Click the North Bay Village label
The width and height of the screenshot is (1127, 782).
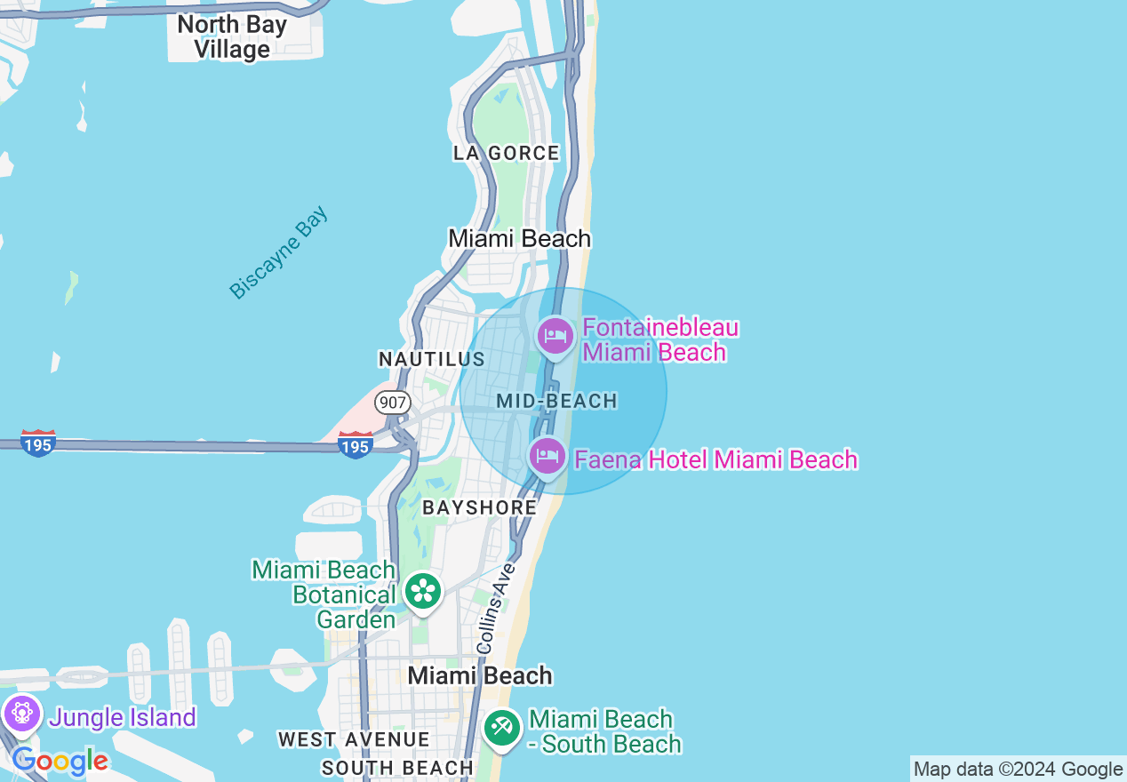pos(232,37)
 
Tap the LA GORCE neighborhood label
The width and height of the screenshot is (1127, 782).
pos(507,153)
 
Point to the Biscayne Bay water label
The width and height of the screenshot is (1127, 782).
pos(278,253)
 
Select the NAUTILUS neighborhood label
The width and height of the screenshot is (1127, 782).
pos(432,359)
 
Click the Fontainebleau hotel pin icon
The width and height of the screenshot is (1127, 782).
pos(556,337)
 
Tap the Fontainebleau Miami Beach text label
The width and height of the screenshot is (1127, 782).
pos(660,340)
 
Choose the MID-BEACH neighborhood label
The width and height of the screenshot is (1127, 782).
pos(557,401)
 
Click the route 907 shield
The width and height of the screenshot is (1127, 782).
pos(392,402)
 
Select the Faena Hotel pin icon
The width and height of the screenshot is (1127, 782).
pos(548,457)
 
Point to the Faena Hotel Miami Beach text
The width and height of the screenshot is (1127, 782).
pos(715,459)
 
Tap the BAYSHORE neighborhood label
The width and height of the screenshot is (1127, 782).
pos(480,507)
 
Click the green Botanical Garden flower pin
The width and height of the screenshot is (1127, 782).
pos(423,591)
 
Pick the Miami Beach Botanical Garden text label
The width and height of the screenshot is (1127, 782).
pos(324,594)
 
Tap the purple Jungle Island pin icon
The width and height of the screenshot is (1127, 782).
pos(22,713)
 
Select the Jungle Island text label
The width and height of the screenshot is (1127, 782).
pos(123,717)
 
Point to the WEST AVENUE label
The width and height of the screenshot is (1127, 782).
pos(354,739)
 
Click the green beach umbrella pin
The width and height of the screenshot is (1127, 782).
pos(502,729)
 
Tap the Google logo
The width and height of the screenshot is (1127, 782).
pos(60,762)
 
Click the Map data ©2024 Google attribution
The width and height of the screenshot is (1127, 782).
pos(1019,770)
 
